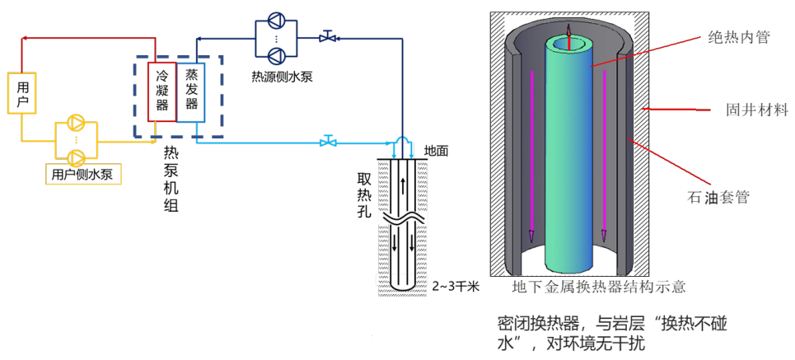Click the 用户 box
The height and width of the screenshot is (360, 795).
(21, 93)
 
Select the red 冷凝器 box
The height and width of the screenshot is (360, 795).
(162, 91)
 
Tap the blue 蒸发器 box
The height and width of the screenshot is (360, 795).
(191, 91)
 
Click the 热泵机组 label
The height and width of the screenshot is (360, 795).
(171, 179)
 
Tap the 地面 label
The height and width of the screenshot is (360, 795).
(436, 151)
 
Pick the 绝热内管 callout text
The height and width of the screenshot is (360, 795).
(739, 37)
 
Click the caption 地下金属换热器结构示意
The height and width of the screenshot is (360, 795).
(599, 288)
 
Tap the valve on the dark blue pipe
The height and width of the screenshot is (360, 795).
(328, 36)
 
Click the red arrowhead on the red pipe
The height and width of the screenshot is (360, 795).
(25, 37)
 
